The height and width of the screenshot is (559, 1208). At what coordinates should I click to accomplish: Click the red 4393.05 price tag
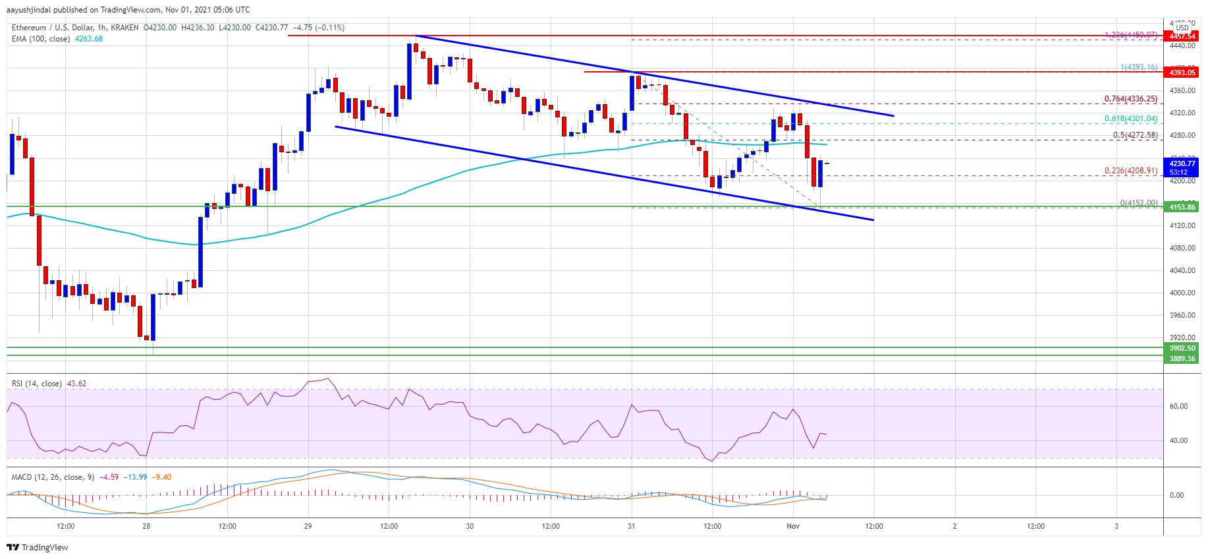1182,73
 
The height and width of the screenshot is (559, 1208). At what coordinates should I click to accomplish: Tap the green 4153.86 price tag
1182,207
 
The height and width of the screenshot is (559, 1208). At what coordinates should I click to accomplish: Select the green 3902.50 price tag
1182,348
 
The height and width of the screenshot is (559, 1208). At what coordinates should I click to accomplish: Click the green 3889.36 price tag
1182,359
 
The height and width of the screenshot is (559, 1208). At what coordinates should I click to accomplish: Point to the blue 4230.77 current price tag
1182,163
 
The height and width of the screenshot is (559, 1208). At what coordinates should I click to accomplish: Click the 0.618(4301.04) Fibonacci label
1130,119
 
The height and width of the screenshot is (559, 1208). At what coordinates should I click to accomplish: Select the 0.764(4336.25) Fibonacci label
1130,99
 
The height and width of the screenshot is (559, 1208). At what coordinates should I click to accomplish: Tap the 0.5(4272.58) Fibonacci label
1135,135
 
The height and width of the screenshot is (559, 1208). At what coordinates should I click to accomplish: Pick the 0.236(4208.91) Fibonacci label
1130,171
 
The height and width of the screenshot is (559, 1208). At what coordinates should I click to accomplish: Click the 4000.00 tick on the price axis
1182,293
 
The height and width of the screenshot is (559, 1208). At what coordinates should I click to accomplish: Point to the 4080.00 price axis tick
1182,248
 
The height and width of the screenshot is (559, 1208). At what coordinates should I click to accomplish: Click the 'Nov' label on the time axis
793,526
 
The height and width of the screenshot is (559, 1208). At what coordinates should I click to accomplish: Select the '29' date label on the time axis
308,526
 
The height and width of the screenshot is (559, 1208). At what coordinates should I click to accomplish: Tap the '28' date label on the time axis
146,526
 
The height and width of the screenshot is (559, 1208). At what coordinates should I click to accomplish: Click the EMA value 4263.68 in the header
90,39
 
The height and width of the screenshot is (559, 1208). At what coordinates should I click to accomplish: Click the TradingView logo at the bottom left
38,547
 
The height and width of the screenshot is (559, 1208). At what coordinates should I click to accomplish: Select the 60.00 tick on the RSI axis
1178,406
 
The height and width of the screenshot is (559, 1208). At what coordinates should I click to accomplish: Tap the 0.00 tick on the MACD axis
1176,495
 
